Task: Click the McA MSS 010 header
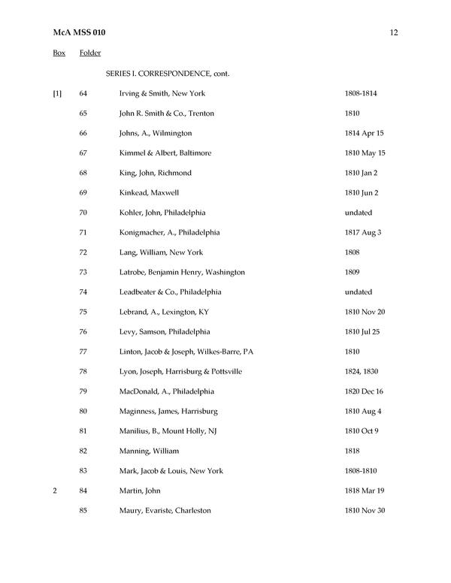(79, 33)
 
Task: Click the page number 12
(394, 33)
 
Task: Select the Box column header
(59, 53)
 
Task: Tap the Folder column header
(90, 53)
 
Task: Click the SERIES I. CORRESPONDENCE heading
(167, 74)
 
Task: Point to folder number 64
(83, 93)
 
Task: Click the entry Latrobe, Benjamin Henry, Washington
(182, 272)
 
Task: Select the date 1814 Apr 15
(364, 133)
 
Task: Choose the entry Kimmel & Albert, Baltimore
(165, 153)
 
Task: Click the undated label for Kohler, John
(359, 213)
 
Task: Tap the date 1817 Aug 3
(362, 232)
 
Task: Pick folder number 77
(83, 352)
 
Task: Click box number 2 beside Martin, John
(55, 491)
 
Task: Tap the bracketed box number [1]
(57, 93)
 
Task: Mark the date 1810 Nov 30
(365, 511)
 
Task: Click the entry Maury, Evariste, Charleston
(165, 511)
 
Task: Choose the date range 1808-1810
(362, 471)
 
